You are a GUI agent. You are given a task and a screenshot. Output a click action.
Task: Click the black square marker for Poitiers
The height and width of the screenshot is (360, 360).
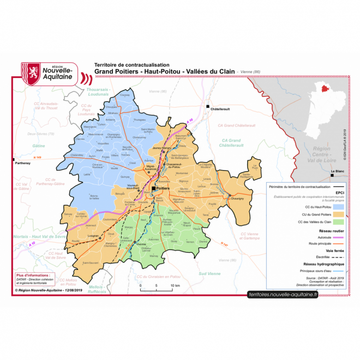pos(154,188)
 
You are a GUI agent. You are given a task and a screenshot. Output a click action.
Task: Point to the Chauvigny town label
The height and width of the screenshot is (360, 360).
pos(237,199)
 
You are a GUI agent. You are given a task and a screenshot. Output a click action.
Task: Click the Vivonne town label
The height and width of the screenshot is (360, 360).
pos(141,244)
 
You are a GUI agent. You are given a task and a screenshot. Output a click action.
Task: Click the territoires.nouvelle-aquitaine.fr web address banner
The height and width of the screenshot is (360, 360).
pos(282,294)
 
